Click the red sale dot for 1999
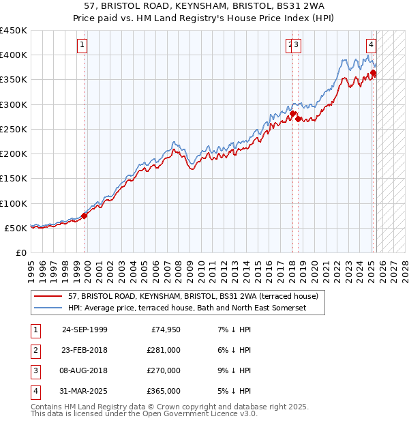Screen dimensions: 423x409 [x=85, y=216]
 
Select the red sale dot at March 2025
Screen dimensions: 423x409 [x=374, y=73]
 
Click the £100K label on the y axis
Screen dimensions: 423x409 [x=14, y=203]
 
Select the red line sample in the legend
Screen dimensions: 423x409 [x=48, y=297]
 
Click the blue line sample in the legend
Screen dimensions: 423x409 [x=48, y=308]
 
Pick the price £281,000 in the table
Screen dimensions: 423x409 [x=164, y=349]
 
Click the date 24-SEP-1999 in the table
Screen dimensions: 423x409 [x=85, y=329]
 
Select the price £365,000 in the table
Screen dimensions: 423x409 [x=164, y=391]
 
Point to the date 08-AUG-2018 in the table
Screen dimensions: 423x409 [x=85, y=370]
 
